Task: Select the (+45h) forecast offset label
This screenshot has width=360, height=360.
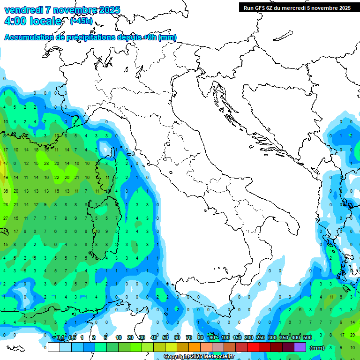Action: [81, 21]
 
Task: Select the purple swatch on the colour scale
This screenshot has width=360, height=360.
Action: [300, 347]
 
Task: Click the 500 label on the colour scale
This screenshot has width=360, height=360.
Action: [307, 337]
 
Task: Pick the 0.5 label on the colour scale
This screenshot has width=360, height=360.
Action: [72, 337]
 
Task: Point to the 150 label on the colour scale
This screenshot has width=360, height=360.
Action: [237, 337]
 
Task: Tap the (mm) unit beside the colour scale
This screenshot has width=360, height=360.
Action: [317, 348]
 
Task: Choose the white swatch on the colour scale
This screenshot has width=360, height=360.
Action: [53, 347]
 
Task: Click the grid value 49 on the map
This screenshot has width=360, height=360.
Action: [6, 178]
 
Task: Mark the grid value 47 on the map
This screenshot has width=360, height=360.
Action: [6, 163]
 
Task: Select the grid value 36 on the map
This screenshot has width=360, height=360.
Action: [6, 191]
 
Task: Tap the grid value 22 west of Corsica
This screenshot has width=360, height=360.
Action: [57, 178]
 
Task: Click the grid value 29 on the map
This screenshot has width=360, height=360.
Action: [352, 335]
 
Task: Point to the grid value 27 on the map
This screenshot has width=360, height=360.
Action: [6, 218]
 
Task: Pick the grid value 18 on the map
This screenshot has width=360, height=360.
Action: [36, 150]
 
